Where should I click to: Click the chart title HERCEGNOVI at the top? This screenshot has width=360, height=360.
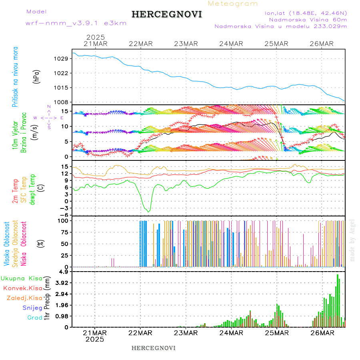[166, 14]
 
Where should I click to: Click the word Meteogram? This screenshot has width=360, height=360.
[233, 4]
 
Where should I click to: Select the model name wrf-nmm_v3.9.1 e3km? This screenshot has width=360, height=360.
[76, 23]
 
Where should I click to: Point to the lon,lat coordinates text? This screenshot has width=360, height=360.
[306, 13]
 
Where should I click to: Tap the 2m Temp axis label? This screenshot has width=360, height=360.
[15, 191]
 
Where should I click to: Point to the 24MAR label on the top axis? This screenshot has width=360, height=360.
[231, 44]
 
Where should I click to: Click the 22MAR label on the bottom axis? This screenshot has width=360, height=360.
[140, 333]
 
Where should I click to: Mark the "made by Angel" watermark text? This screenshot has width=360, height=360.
[352, 240]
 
